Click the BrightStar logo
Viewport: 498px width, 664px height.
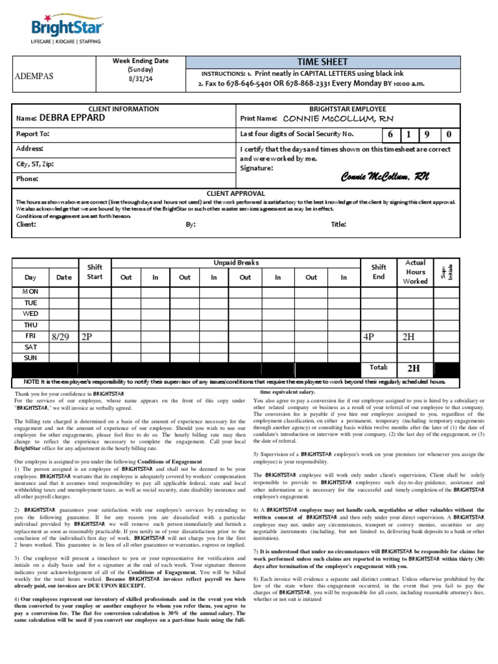click(x=67, y=29)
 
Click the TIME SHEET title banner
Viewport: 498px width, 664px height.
click(x=322, y=62)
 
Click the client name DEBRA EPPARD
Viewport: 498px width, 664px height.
click(x=71, y=119)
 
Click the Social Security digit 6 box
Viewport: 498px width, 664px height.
click(x=391, y=135)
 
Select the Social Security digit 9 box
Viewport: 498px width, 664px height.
click(x=428, y=135)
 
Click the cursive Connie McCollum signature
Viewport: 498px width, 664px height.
click(x=385, y=177)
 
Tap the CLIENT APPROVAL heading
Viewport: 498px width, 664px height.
click(x=235, y=193)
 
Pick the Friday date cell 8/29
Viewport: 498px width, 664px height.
click(x=60, y=337)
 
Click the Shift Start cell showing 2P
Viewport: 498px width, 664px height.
click(x=88, y=337)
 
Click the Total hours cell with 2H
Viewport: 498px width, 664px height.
click(x=414, y=368)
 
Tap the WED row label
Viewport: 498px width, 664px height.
click(x=30, y=314)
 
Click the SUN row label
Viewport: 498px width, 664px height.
click(x=30, y=357)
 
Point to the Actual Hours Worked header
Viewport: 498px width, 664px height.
click(x=415, y=272)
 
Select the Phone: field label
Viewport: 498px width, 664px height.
click(x=27, y=178)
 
